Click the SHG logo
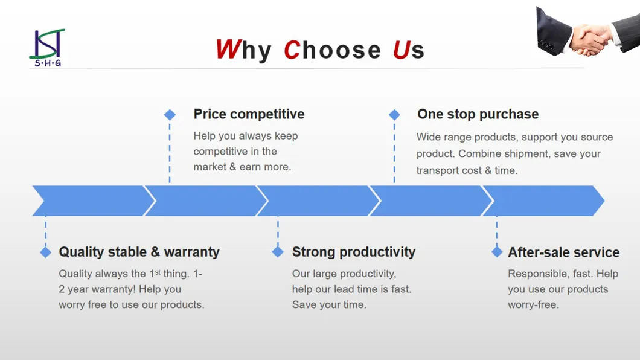47,48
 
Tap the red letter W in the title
228,50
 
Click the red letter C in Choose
292,50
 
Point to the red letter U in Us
402,50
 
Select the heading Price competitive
249,114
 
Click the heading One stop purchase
478,114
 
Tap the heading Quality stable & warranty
139,252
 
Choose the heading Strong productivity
354,252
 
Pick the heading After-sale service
564,252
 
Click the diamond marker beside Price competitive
170,115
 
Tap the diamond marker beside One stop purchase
394,115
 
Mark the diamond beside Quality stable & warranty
46,252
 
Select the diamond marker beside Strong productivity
278,252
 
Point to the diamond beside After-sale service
497,252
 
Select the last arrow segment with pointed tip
543,201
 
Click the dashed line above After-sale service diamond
497,234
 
